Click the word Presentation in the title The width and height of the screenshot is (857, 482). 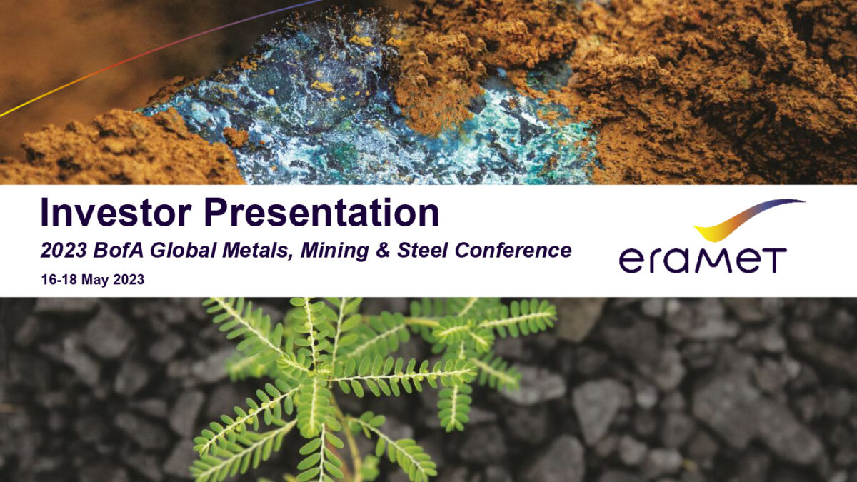coord(321,213)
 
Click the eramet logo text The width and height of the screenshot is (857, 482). coord(703,260)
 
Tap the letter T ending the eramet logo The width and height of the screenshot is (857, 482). coord(774,260)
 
